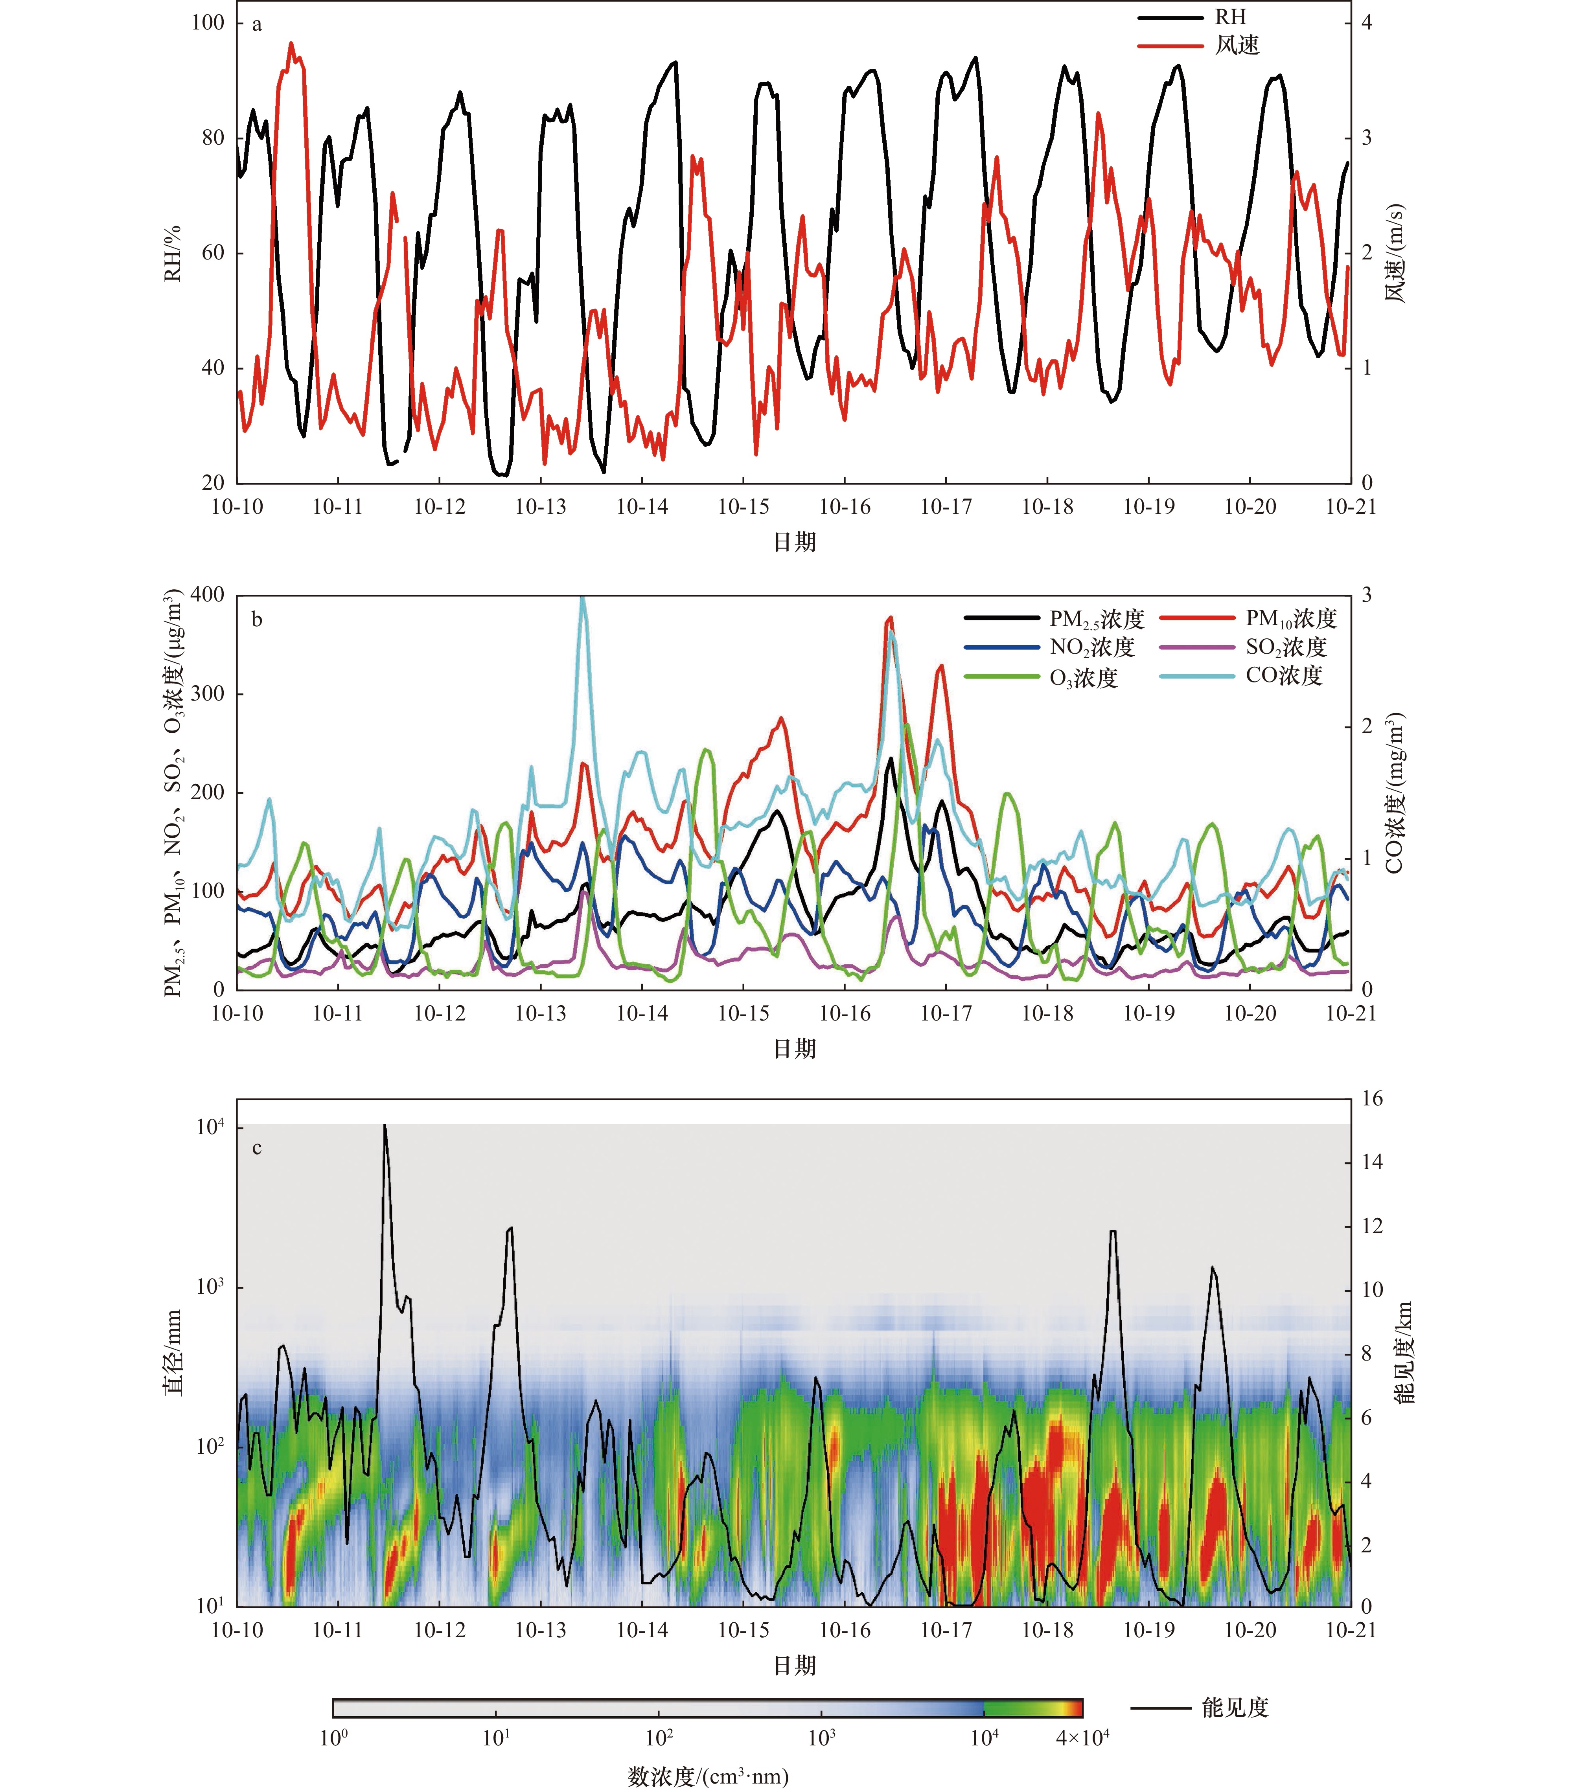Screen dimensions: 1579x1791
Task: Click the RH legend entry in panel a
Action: click(1192, 18)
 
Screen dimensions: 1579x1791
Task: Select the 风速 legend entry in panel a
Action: click(1198, 46)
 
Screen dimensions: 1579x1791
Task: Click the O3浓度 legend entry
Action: click(1041, 677)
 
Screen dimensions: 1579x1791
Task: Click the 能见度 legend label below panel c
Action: click(1235, 1708)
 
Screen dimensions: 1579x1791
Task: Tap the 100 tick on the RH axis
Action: click(208, 23)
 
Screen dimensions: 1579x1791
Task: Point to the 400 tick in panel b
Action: click(208, 595)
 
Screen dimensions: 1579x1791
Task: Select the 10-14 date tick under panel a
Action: click(642, 506)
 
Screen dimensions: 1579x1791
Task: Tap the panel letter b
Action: click(257, 620)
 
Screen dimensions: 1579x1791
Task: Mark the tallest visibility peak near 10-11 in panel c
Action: click(384, 1126)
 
